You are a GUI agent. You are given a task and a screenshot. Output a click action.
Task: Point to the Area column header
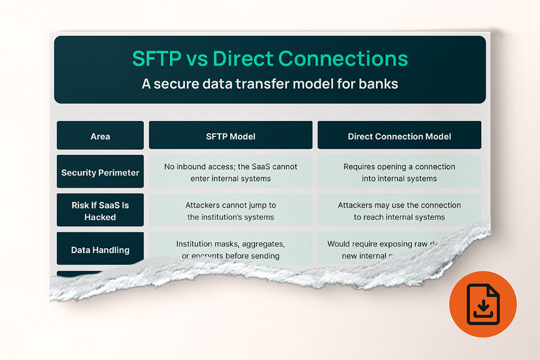(x=100, y=136)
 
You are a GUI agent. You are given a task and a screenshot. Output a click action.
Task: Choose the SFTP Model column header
(x=230, y=136)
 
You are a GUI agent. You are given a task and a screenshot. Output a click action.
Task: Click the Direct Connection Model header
(x=399, y=136)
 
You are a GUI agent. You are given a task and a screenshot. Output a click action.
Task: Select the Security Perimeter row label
(x=100, y=172)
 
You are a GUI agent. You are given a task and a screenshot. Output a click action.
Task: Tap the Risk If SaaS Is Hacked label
(x=100, y=211)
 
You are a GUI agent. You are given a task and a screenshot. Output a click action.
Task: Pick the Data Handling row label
(x=100, y=250)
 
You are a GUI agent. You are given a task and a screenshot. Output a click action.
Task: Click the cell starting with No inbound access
(x=230, y=172)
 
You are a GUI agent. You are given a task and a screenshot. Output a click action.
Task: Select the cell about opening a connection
(x=399, y=172)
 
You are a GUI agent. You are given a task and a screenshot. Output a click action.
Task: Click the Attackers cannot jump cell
(x=230, y=211)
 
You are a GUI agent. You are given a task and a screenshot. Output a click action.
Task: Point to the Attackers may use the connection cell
(x=399, y=211)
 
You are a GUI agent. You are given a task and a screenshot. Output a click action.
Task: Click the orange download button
(x=483, y=305)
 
